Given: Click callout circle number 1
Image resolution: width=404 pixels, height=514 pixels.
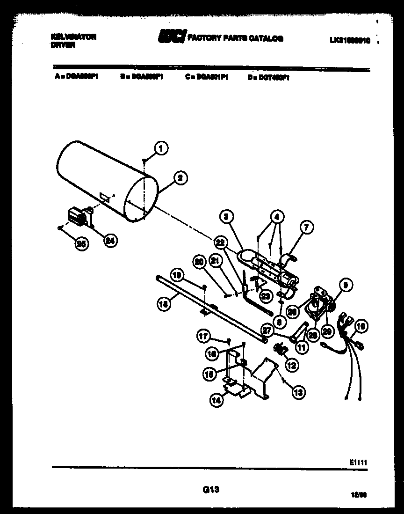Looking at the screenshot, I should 161,148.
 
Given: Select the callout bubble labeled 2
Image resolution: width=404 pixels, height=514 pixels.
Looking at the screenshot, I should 180,177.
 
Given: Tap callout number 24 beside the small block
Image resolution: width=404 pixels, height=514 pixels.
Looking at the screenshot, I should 110,241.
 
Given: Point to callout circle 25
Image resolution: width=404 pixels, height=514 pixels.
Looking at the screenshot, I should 81,243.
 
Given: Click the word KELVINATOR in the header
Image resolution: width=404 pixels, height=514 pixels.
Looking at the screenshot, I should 73,37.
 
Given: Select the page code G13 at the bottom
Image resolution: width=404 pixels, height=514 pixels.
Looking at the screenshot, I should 211,490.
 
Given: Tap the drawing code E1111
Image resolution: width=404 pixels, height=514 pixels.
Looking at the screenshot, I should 358,462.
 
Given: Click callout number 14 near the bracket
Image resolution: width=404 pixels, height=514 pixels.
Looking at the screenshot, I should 216,401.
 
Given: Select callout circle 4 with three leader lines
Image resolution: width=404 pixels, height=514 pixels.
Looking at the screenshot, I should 277,217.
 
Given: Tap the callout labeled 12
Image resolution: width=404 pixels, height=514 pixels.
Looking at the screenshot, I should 292,366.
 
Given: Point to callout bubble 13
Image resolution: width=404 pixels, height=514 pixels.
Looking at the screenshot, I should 298,393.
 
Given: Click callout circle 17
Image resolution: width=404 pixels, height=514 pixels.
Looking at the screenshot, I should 202,335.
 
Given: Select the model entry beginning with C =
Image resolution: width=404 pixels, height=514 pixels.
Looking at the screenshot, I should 206,79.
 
